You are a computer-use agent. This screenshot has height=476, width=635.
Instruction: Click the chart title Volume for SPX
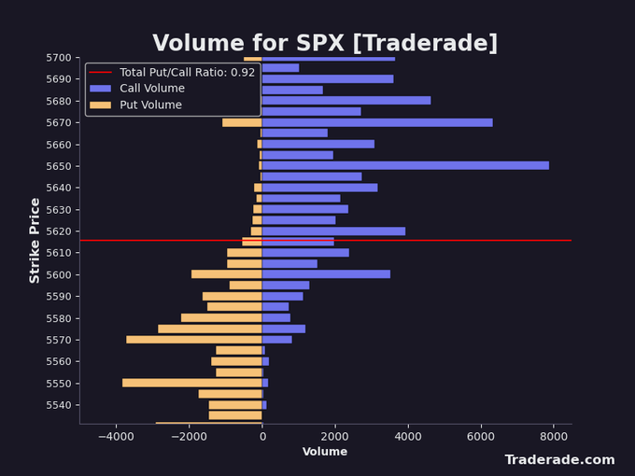325,43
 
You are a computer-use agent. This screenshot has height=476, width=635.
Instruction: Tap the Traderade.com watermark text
559,460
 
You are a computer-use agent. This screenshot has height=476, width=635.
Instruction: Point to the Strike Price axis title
35,240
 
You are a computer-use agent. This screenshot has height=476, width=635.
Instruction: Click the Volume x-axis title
325,452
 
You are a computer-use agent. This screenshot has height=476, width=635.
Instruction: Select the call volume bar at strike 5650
405,165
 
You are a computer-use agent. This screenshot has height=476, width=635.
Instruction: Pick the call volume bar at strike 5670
377,122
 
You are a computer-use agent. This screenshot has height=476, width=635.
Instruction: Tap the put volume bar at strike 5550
192,383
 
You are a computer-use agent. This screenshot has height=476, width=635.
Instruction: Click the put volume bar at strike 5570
194,340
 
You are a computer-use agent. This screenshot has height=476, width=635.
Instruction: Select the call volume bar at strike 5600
326,274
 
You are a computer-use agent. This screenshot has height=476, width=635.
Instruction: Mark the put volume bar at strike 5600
227,274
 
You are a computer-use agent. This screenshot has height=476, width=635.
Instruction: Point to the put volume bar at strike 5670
242,122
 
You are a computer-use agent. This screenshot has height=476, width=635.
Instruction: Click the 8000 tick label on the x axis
553,436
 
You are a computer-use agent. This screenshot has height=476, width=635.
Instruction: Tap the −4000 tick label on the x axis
116,436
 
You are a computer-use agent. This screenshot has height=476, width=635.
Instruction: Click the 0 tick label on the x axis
262,436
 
